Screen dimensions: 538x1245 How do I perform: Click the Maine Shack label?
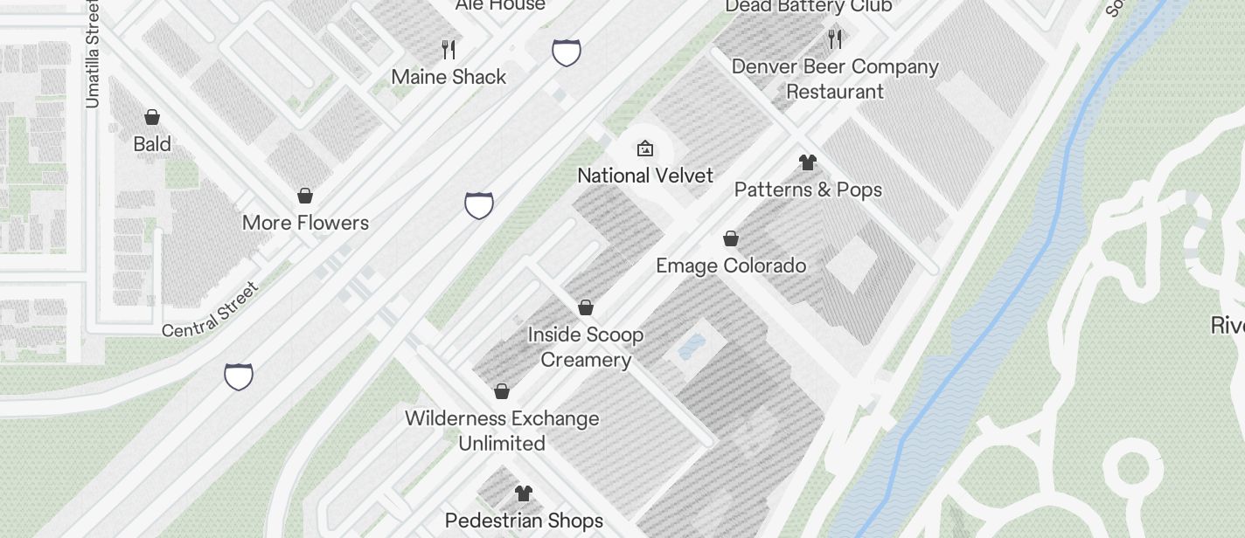pos(449,77)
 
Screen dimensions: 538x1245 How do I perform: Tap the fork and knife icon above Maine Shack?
pos(449,49)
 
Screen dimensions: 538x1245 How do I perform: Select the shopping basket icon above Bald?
pos(152,117)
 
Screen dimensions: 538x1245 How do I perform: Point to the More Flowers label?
pos(305,223)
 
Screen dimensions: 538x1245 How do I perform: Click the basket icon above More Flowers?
pos(305,196)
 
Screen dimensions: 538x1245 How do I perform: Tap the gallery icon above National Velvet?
pos(645,148)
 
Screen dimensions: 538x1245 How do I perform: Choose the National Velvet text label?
pos(645,176)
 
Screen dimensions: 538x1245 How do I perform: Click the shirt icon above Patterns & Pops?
pos(808,162)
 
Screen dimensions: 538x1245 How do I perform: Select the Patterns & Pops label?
pos(808,190)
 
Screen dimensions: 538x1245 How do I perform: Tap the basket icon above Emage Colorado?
pos(731,238)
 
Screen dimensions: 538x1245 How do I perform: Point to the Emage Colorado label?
pos(731,266)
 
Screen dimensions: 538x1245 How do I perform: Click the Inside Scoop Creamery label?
pos(586,347)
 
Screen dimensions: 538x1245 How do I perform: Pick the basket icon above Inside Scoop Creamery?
pos(586,307)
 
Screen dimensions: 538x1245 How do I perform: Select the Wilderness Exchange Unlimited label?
pos(502,431)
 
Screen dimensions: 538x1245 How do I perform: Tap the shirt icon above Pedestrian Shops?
pos(523,493)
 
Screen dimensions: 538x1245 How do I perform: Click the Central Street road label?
pos(211,309)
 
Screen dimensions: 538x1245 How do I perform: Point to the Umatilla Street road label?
pos(93,54)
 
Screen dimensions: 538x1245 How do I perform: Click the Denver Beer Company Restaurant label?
pos(835,79)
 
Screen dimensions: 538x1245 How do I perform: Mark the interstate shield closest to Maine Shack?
pos(567,52)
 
